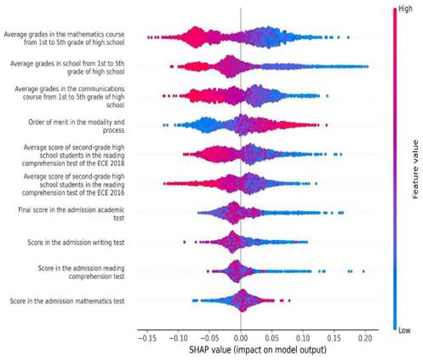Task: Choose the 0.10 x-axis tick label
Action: (303, 338)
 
